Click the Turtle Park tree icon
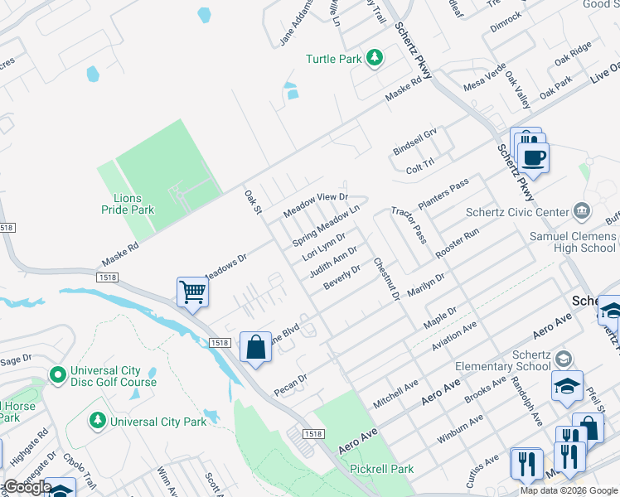point(375,58)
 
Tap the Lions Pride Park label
point(133,205)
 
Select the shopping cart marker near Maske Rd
point(192,292)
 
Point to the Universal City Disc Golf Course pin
point(57,375)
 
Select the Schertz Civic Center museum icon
point(581,212)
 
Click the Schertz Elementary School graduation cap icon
point(564,359)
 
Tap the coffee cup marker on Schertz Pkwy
point(533,156)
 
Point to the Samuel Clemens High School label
point(573,242)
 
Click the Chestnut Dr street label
point(386,278)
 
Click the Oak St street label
point(253,202)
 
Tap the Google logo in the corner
point(27,487)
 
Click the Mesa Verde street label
point(484,80)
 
